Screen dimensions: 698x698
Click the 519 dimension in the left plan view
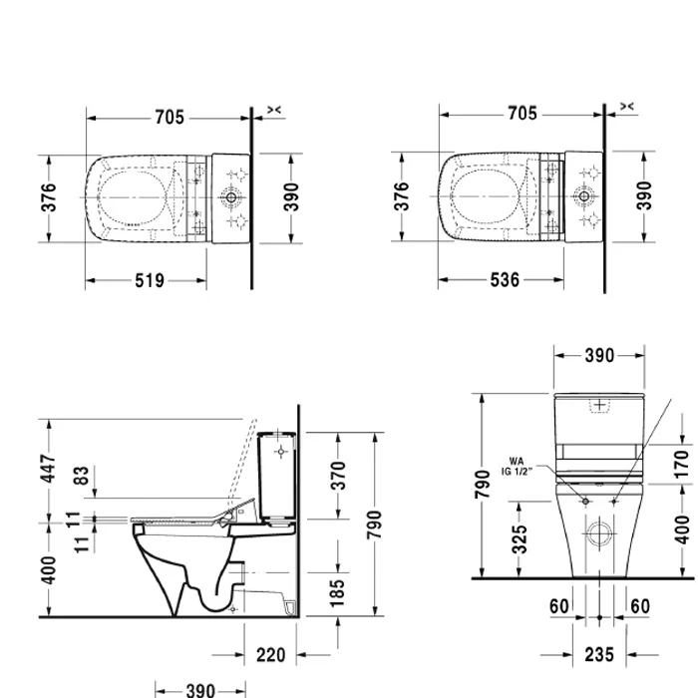click(x=150, y=281)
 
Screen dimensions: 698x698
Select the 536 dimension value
click(x=505, y=281)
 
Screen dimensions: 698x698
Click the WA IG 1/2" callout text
click(x=522, y=467)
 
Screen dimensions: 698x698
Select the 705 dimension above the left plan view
click(x=170, y=116)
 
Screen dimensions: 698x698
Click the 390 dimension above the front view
click(x=598, y=355)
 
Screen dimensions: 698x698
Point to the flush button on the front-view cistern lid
click(x=599, y=404)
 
